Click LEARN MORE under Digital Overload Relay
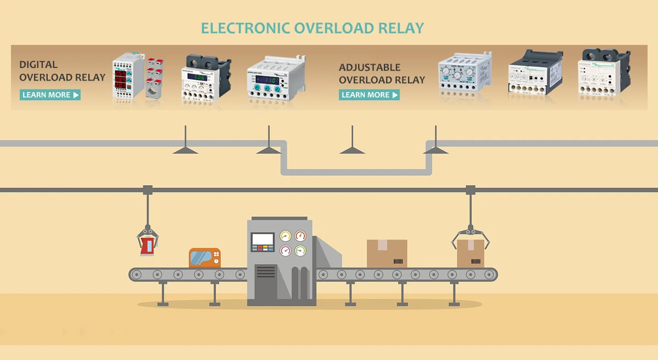[50, 95]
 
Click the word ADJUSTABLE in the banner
[370, 67]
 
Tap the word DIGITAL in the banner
[38, 65]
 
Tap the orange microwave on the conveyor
[205, 258]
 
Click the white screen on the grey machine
[263, 239]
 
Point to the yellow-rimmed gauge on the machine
[285, 236]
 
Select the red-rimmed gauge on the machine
[300, 236]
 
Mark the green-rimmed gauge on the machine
[300, 251]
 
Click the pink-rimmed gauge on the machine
[285, 251]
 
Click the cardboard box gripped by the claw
[470, 253]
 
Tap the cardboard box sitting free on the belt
[387, 253]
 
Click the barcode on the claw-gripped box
[478, 261]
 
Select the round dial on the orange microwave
[217, 261]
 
